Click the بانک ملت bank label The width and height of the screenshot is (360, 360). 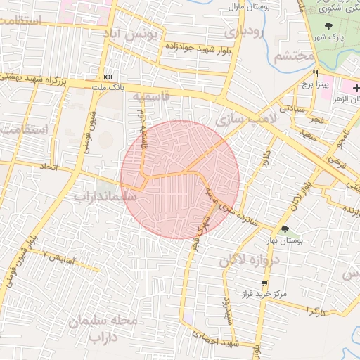coord(108,86)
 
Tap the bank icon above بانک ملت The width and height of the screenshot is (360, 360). coord(108,76)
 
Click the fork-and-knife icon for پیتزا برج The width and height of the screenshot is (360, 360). coord(316,73)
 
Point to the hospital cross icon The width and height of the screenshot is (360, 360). coord(356,88)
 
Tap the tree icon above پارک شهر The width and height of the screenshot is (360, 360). coord(329,27)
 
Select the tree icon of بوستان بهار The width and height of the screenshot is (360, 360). coord(285,229)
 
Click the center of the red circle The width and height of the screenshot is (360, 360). coord(180,179)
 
